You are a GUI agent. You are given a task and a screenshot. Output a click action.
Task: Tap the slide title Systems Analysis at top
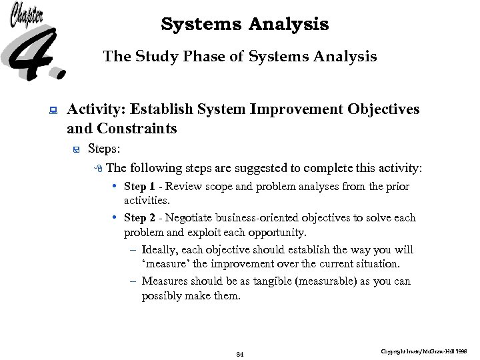coord(245,25)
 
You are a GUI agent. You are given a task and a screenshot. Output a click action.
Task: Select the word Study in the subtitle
coord(155,57)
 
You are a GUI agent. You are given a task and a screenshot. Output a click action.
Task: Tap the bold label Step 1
coord(139,187)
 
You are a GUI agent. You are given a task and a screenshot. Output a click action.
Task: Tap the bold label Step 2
coord(139,218)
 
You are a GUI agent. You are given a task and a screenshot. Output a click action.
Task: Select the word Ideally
coord(159,250)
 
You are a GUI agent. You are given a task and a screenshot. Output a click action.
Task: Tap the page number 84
coord(240,354)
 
